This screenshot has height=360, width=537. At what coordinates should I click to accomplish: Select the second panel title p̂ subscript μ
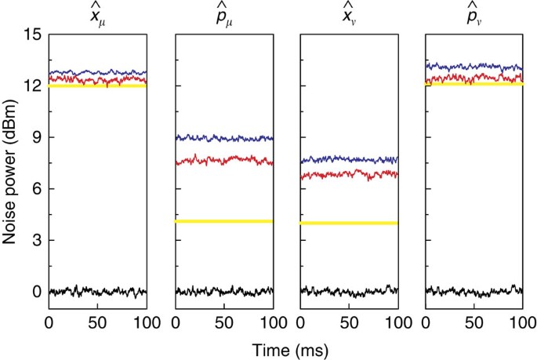[224, 14]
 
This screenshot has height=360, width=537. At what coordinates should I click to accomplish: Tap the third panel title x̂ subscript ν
[350, 14]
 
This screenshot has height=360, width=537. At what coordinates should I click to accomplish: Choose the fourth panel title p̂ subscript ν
[474, 14]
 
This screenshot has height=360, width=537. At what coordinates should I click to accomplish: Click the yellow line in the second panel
[223, 221]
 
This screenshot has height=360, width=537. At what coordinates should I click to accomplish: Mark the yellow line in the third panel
[349, 223]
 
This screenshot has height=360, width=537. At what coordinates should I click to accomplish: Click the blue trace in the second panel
[223, 138]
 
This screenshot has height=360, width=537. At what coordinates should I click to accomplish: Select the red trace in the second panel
[223, 161]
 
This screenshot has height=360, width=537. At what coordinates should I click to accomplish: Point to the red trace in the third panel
[349, 173]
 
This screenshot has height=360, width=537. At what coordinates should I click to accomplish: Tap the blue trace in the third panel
[349, 159]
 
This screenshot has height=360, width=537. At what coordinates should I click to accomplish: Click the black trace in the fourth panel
[474, 291]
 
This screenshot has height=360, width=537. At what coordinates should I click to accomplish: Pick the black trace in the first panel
[98, 291]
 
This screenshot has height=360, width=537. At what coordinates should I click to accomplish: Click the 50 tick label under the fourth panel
[473, 322]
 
